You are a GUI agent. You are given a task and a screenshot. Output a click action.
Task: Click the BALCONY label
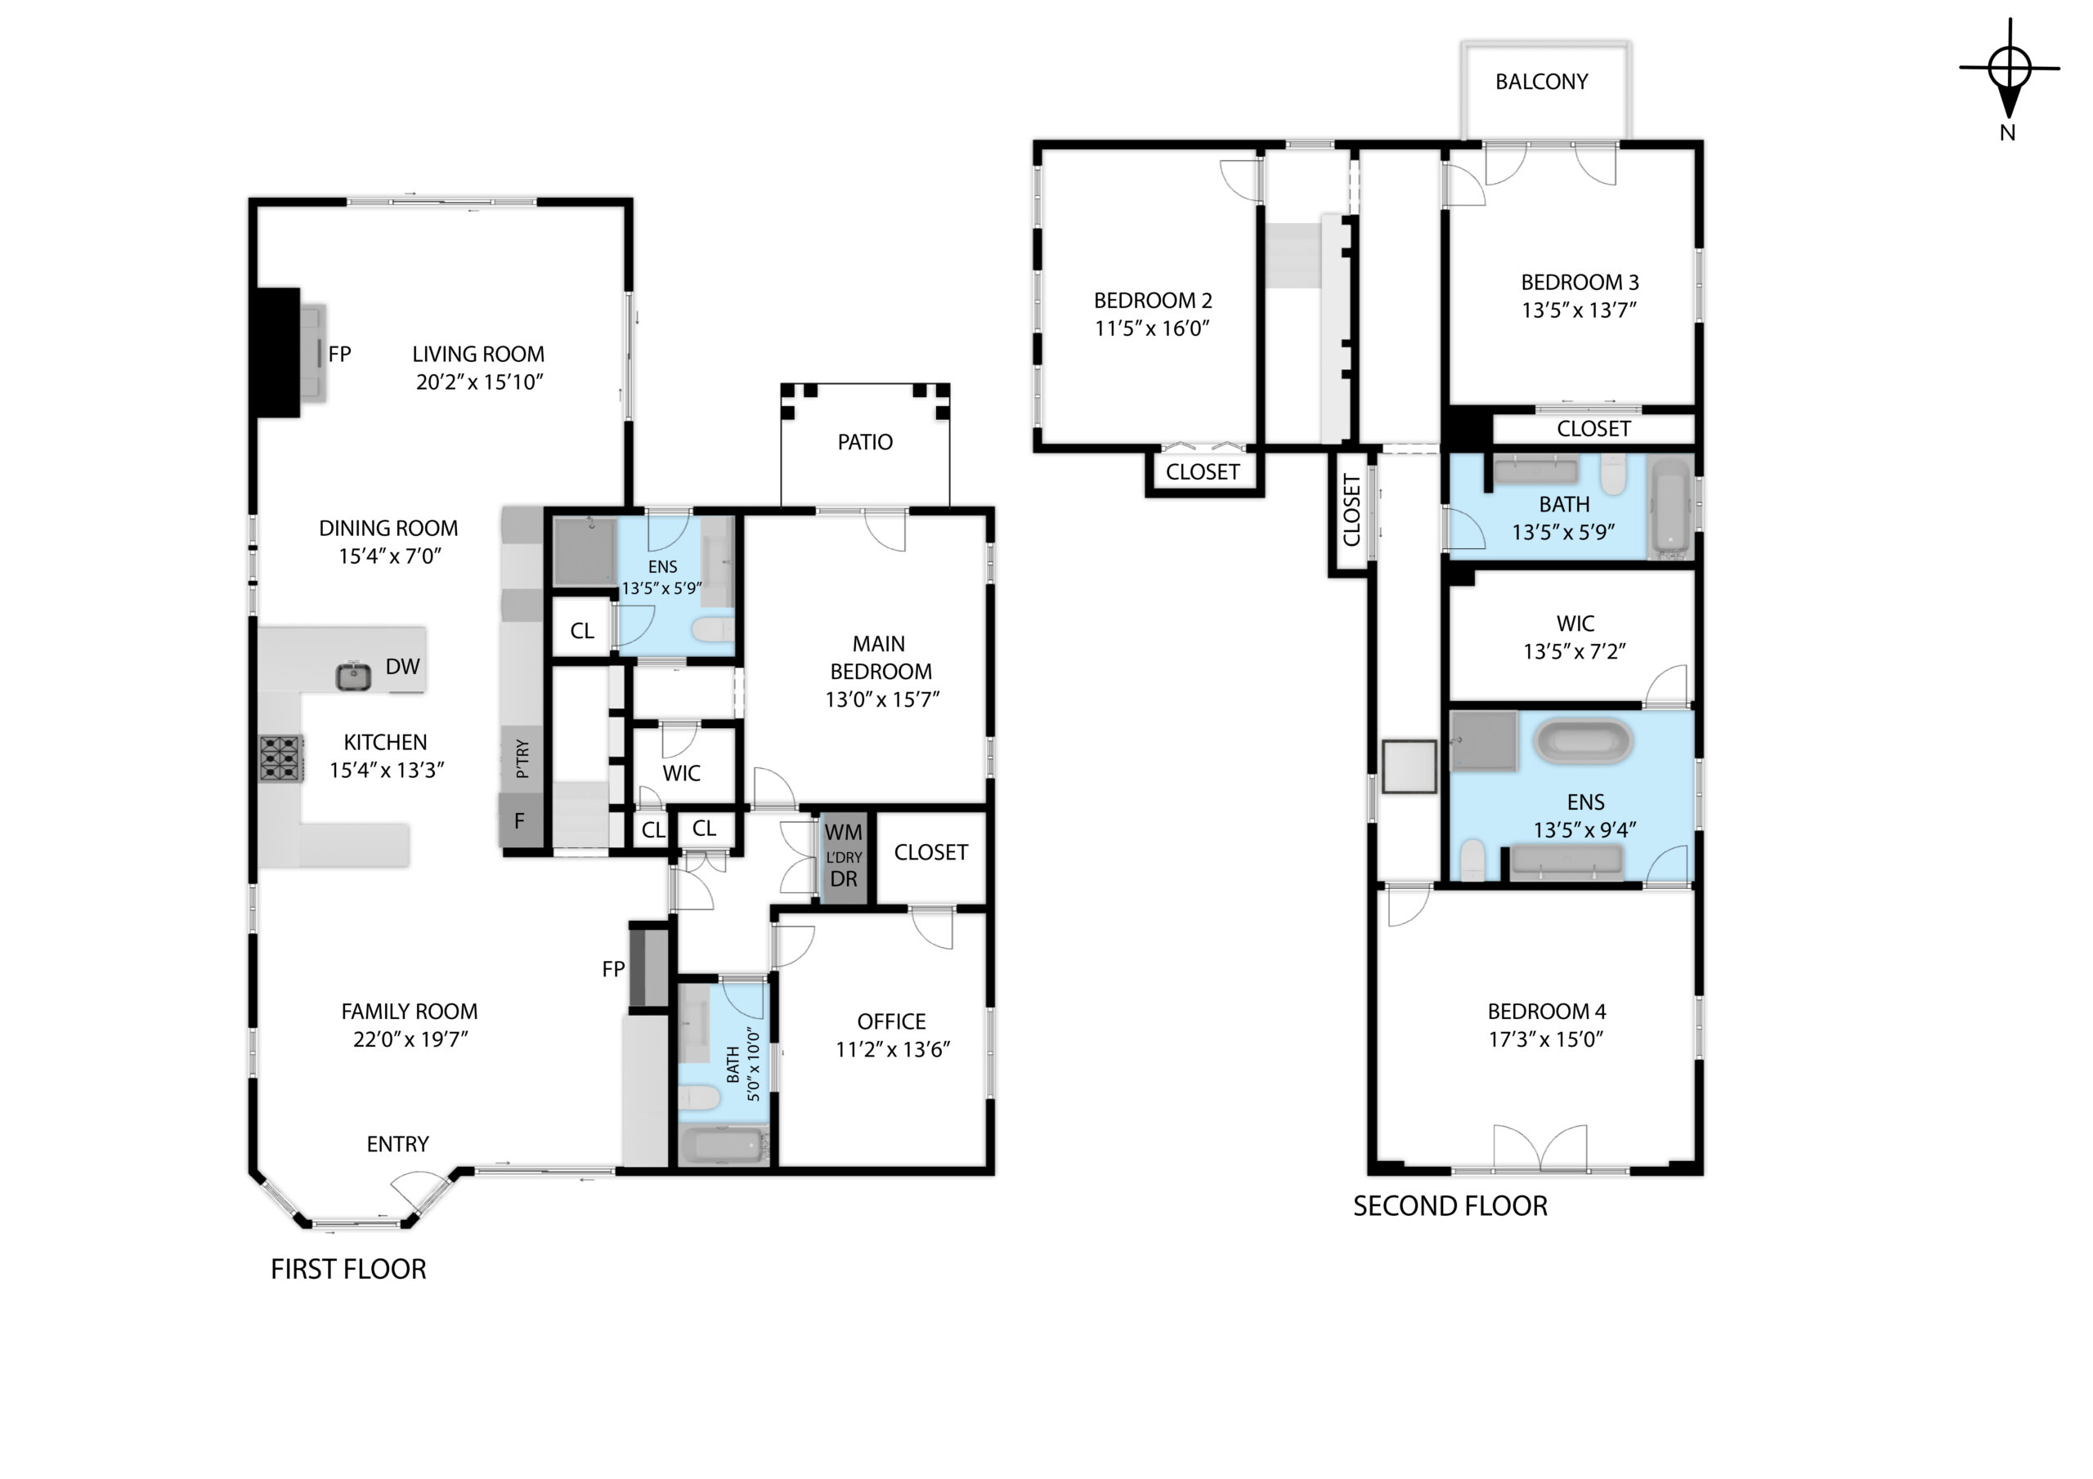point(1541,82)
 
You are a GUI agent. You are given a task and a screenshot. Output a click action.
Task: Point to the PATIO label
point(865,442)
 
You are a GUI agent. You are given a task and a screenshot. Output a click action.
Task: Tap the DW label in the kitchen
point(402,666)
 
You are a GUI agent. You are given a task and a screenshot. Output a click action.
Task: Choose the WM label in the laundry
point(843,832)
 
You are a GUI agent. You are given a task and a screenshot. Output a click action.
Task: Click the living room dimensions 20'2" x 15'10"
point(479,382)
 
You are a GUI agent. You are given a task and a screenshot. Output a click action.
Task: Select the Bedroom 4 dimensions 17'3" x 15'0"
point(1546,1039)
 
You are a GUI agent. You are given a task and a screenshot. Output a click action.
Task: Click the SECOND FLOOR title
point(1450,1207)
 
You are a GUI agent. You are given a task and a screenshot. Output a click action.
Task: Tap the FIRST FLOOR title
point(348,1269)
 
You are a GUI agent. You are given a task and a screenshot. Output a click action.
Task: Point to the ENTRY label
point(397,1144)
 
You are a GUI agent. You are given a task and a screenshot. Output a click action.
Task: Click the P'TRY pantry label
point(522,758)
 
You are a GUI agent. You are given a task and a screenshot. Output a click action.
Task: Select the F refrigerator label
point(520,821)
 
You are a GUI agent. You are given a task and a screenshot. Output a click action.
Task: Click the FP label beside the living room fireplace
point(339,354)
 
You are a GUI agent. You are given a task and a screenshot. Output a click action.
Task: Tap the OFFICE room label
point(891,1021)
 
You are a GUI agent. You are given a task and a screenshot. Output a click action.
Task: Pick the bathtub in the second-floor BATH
point(1671,507)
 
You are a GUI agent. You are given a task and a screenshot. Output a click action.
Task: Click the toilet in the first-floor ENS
point(713,629)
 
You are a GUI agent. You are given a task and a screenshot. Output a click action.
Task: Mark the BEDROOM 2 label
point(1152,301)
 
